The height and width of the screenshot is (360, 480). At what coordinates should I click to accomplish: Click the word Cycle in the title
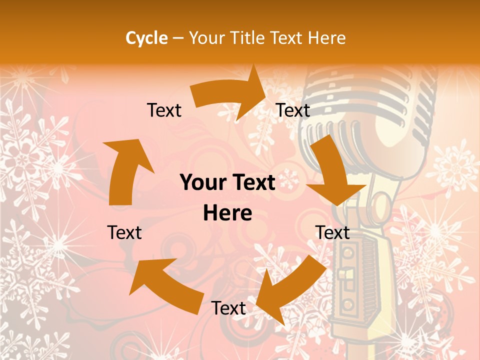coord(146,38)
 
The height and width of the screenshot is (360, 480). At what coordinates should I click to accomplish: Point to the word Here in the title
coord(327,38)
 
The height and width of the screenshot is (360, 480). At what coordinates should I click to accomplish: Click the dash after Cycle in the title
coord(177,38)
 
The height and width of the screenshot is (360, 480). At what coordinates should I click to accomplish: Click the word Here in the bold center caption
coord(227,213)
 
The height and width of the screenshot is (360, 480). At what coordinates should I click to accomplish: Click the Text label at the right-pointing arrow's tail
coord(164,110)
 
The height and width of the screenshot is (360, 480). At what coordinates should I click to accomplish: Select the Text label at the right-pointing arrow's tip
coord(293,110)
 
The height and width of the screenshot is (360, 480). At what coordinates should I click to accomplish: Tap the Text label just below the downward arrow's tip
coord(332,232)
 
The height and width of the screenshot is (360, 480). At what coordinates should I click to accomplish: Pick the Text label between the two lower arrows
coord(228,308)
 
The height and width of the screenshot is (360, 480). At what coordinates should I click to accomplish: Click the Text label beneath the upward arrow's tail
coord(124,232)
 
